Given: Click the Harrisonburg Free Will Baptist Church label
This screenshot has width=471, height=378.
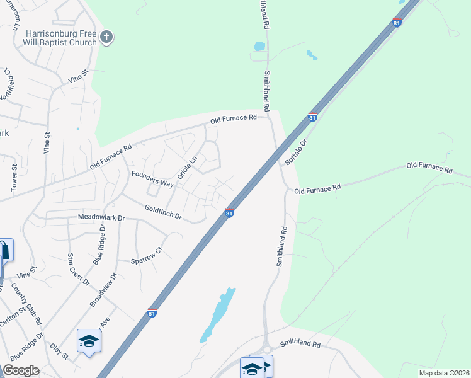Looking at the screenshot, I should click(61, 38).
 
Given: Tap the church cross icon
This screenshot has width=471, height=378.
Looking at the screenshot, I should click(106, 37).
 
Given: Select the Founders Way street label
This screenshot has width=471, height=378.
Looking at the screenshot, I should click(152, 178).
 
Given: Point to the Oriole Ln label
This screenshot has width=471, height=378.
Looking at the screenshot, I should click(187, 167).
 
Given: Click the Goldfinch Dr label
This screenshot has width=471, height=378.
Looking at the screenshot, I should click(163, 212).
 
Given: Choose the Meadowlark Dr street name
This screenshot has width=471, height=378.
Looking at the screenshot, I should click(101, 217).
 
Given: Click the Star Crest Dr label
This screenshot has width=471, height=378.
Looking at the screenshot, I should click(79, 269).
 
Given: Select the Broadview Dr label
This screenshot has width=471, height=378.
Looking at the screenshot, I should click(103, 289).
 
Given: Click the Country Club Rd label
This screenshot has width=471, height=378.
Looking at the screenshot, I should click(30, 303).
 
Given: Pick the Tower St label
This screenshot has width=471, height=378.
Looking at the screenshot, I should click(14, 178).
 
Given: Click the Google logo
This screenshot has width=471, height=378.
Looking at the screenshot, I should click(21, 370).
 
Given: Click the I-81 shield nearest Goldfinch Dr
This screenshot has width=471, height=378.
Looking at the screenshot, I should click(230, 214).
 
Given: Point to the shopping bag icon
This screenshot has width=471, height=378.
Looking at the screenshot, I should click(5, 251).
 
